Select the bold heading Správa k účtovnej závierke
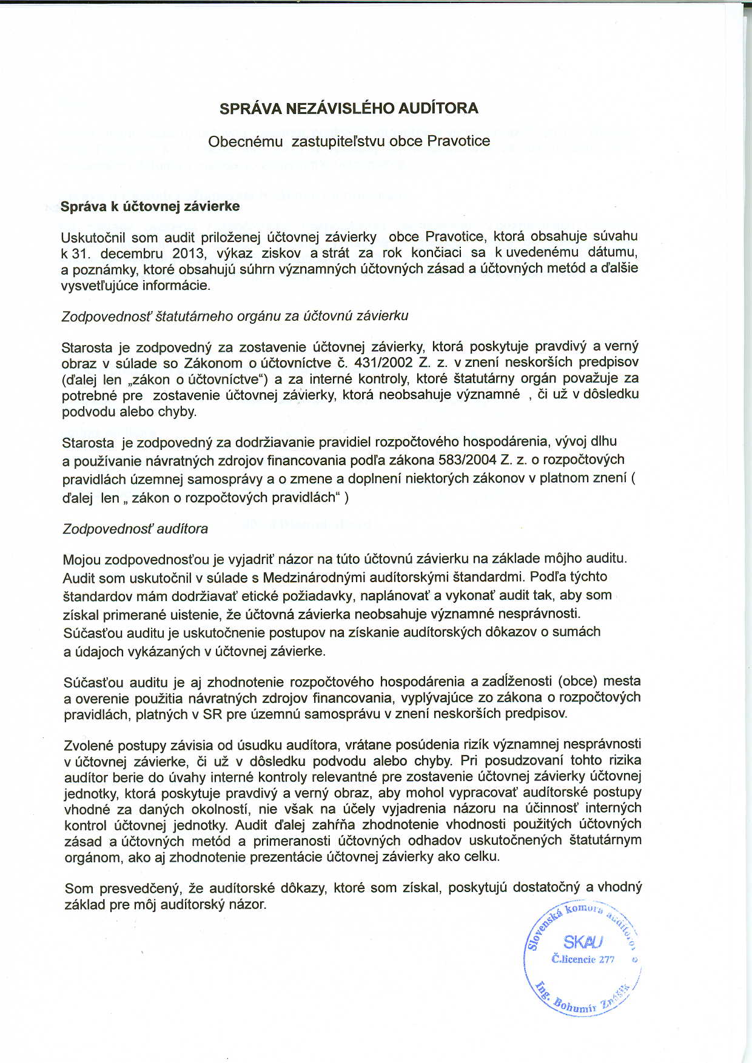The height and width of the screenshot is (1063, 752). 150,206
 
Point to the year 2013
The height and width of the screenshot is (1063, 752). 189,252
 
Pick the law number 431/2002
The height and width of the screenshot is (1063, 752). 386,362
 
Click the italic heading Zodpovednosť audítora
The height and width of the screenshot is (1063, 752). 135,529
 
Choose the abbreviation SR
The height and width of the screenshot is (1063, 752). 212,714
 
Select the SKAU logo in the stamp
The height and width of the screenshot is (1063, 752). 583,942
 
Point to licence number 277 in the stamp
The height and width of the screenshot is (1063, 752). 606,959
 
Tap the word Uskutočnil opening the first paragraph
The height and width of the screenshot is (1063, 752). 92,237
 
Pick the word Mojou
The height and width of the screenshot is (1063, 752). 82,559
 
